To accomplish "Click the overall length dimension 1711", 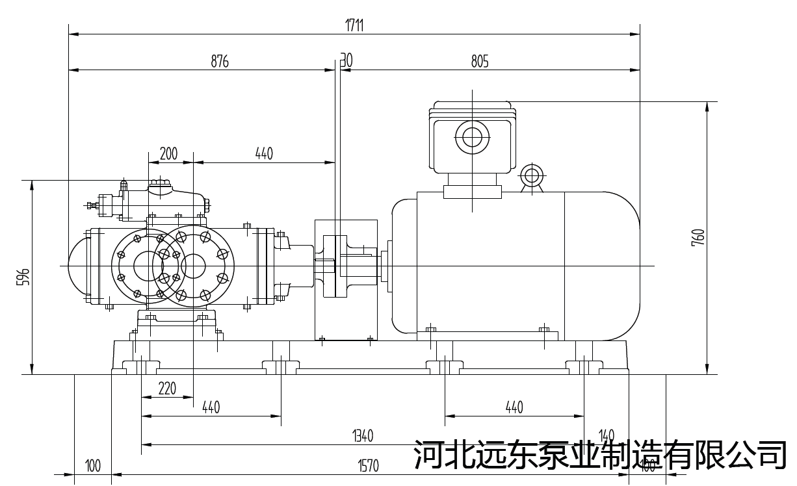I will (x=354, y=25).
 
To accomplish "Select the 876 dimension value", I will (x=220, y=62).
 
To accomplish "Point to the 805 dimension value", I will (x=479, y=62).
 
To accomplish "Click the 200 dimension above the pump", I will (x=168, y=154).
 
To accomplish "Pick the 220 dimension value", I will (x=167, y=389).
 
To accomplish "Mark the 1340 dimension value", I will (x=363, y=436).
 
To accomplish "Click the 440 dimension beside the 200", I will (x=264, y=154).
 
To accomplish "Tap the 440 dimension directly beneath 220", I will (x=211, y=407).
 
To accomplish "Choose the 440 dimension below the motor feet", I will (x=514, y=407).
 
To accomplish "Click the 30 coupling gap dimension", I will (x=346, y=61).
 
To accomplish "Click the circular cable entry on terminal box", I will (x=471, y=137).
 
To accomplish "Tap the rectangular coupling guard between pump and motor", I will (x=346, y=280).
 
